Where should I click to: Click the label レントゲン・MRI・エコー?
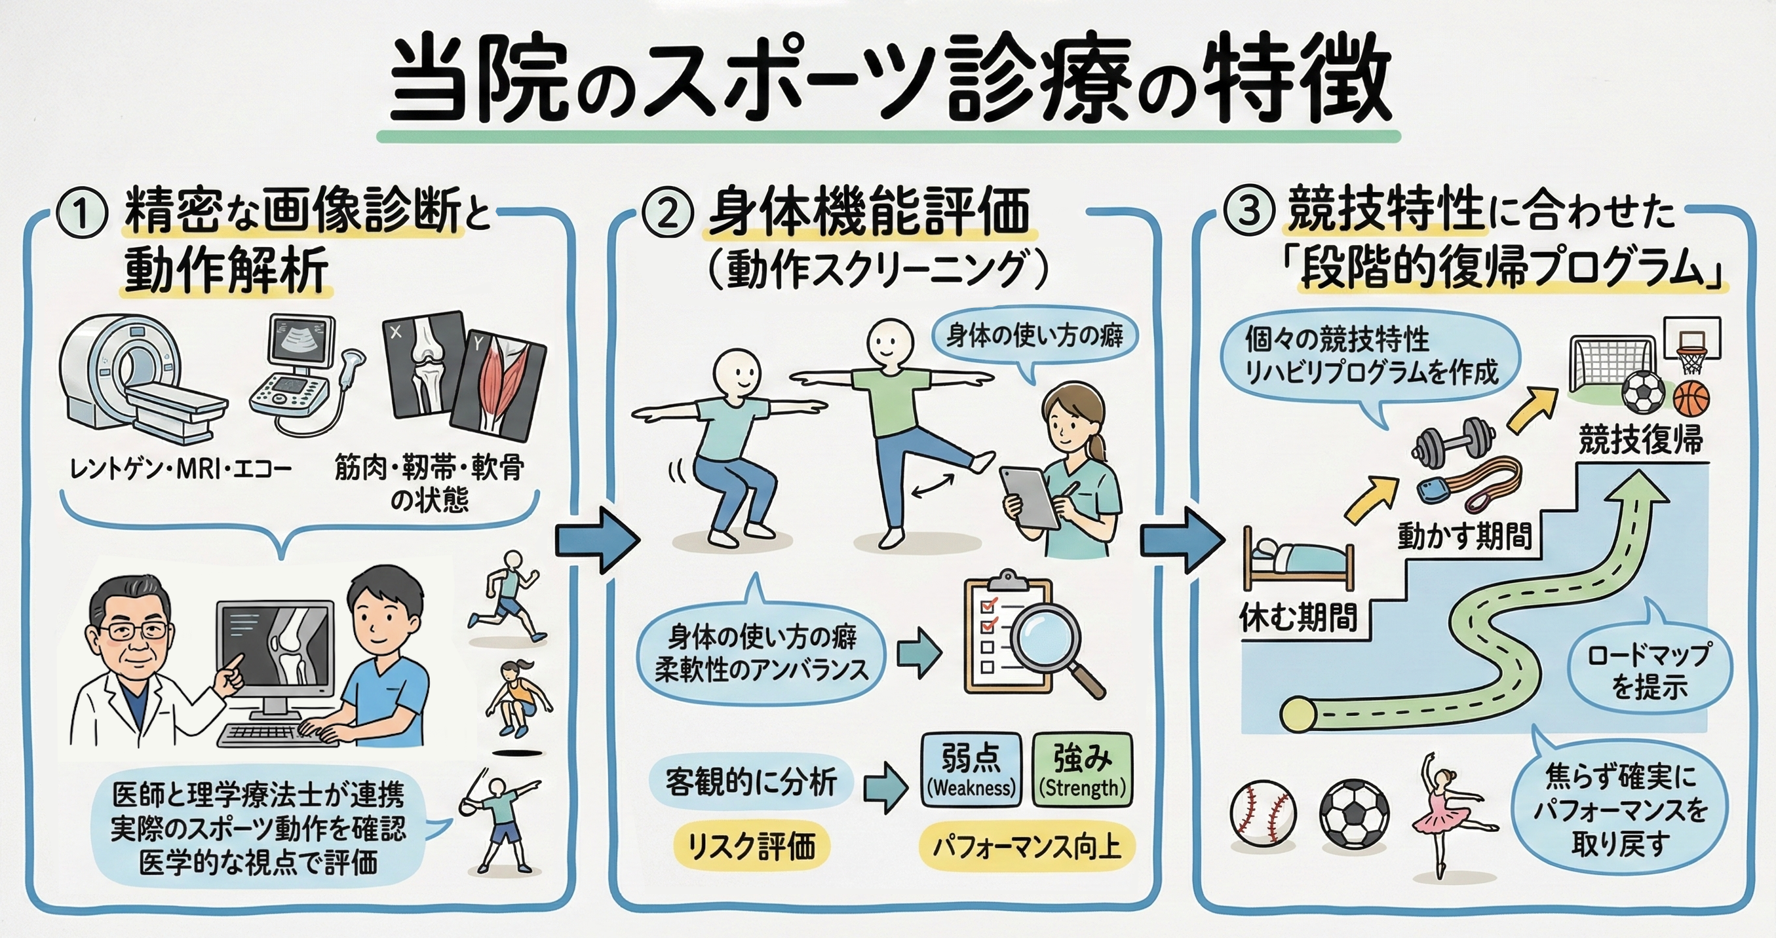[181, 470]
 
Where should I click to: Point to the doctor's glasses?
[134, 630]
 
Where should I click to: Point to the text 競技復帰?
[1640, 440]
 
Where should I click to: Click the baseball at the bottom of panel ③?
[1262, 814]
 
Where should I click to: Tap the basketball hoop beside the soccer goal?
[1693, 348]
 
